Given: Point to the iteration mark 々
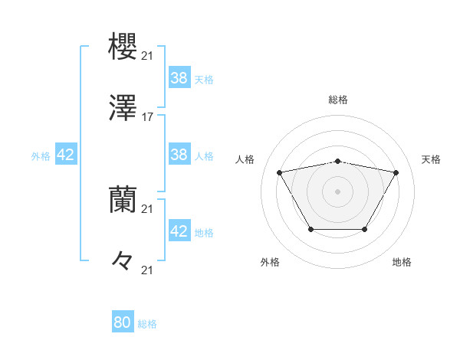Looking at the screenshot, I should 123,260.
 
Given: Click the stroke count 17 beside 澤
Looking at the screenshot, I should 148,117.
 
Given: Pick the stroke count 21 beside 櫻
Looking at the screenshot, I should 148,56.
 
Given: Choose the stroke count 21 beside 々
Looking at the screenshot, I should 148,270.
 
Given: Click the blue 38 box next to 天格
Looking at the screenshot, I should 179,78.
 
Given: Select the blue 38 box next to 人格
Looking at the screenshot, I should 179,155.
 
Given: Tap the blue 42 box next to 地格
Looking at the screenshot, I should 179,231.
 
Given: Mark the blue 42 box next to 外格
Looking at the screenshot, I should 66,155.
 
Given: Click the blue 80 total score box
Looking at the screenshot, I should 122,322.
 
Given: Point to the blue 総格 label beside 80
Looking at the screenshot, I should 147,324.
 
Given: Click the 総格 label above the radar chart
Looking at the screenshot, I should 338,100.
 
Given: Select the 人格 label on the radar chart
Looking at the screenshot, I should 245,159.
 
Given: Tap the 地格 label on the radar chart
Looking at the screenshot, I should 402,262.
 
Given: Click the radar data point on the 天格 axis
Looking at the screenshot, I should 396,172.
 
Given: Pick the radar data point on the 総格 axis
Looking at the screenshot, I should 338,161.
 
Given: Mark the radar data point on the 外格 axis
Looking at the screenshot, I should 310,229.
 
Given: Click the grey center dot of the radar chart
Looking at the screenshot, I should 338,191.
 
